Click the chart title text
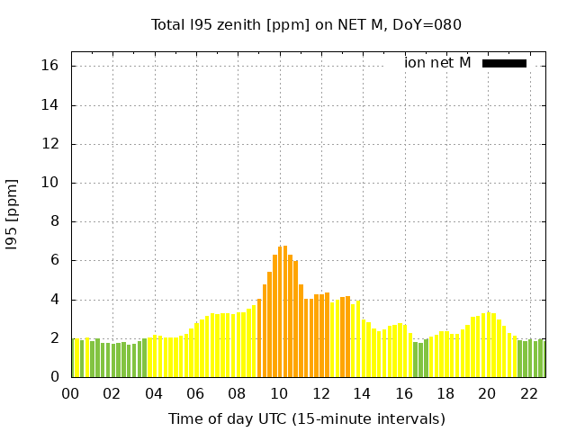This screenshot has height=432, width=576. pyautogui.click(x=306, y=24)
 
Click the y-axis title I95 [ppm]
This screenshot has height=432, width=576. pyautogui.click(x=12, y=214)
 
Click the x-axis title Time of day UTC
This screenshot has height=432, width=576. pyautogui.click(x=306, y=418)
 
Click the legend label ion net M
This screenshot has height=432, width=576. pyautogui.click(x=437, y=63)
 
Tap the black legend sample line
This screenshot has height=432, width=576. pyautogui.click(x=504, y=63)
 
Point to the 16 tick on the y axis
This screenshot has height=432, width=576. pyautogui.click(x=50, y=66)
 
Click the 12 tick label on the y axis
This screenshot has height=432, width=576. pyautogui.click(x=50, y=144)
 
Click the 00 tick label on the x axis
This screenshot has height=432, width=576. pyautogui.click(x=70, y=393)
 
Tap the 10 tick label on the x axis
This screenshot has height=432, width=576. pyautogui.click(x=279, y=393)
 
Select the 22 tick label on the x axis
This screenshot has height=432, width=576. pyautogui.click(x=528, y=393)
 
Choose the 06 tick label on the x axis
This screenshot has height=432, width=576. pyautogui.click(x=195, y=393)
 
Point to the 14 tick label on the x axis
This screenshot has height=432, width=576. pyautogui.click(x=362, y=393)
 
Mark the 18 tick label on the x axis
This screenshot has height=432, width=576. pyautogui.click(x=445, y=393)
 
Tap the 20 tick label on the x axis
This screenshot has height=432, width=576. pyautogui.click(x=487, y=393)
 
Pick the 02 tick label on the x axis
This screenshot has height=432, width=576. pyautogui.click(x=112, y=393)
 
